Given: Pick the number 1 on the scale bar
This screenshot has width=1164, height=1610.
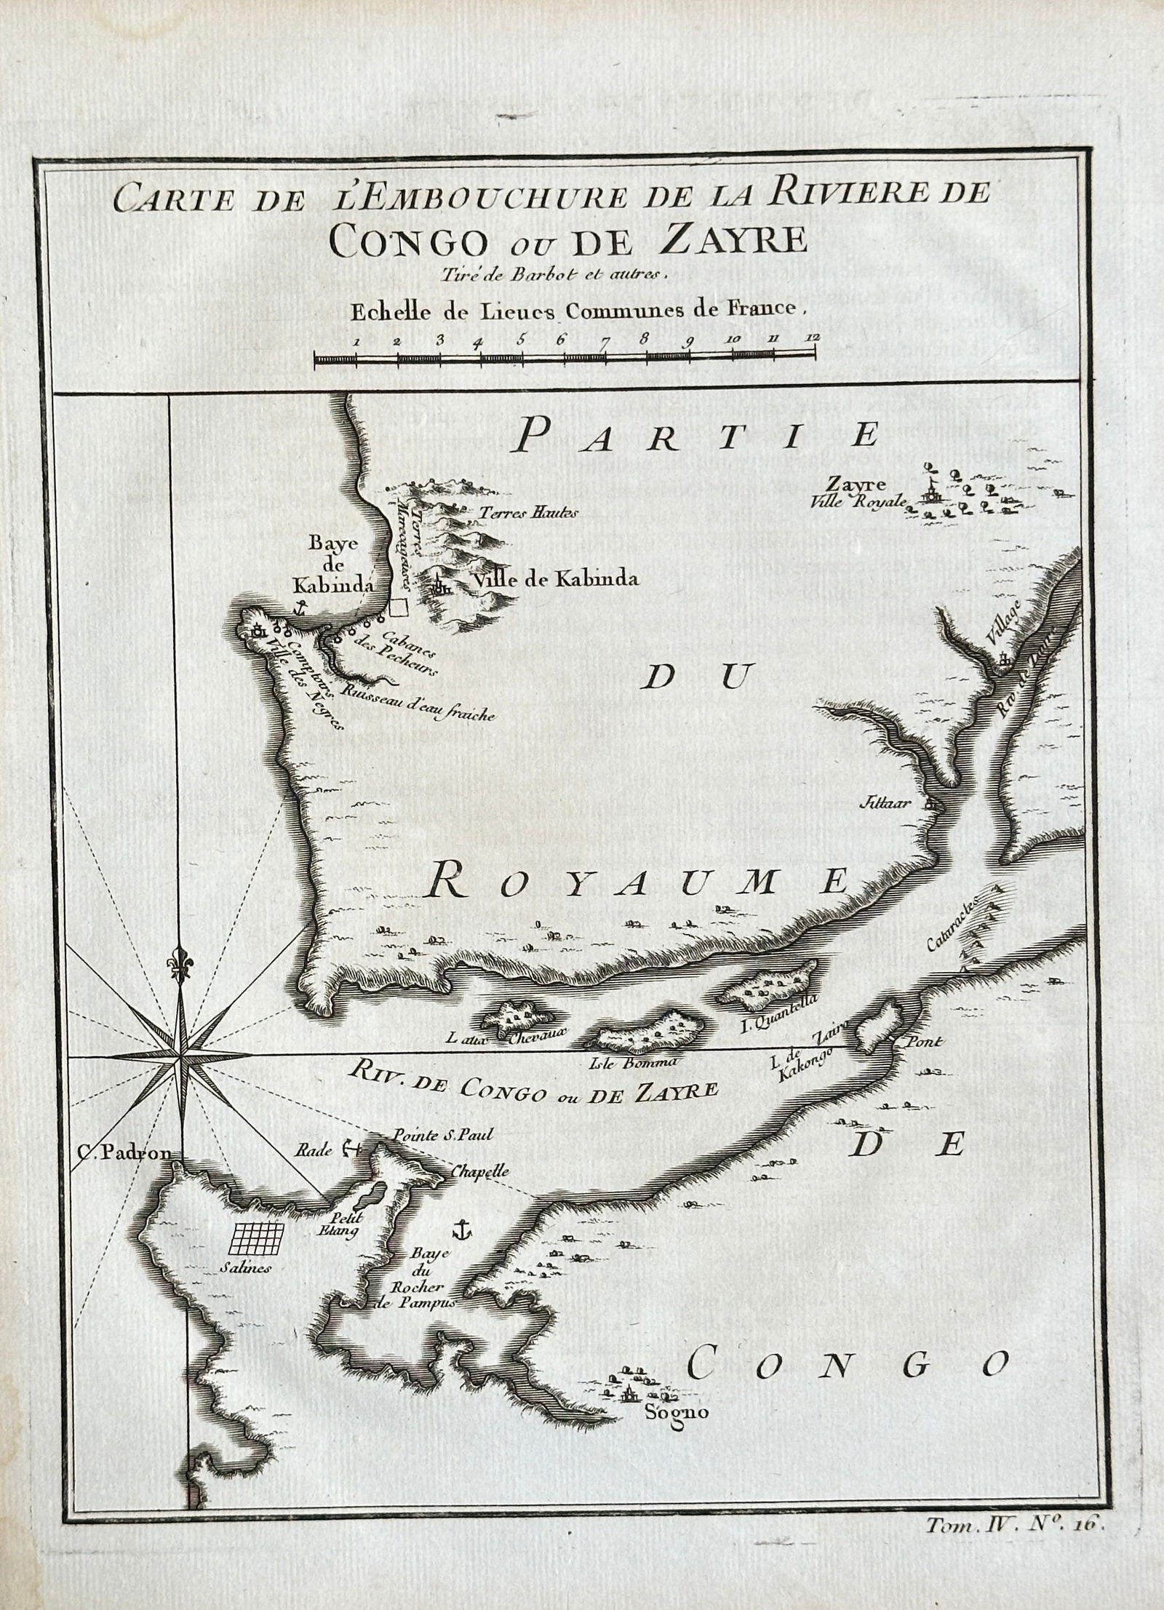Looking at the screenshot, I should pyautogui.click(x=356, y=340).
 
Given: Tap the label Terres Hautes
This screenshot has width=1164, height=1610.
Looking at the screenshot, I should pyautogui.click(x=528, y=513).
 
